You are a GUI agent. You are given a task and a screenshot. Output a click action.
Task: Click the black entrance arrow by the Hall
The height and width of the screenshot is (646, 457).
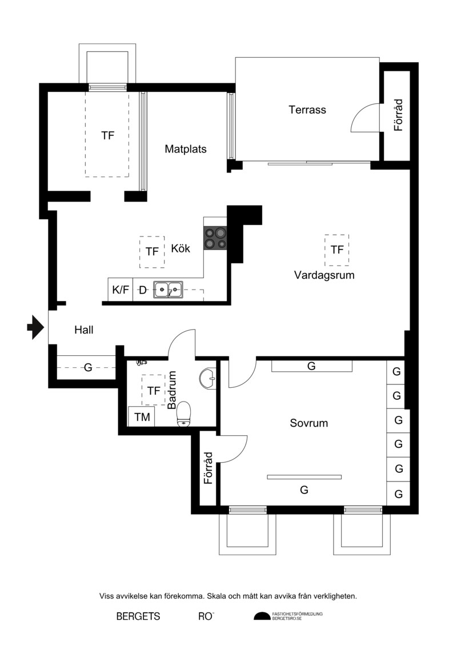pos(35,327)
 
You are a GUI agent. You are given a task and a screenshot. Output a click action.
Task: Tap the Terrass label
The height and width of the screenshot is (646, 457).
pos(307,110)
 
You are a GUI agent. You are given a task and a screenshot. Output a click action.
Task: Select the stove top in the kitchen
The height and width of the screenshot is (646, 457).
pos(215,238)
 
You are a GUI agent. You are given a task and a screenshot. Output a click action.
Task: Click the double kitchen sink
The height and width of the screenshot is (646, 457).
pos(168,289)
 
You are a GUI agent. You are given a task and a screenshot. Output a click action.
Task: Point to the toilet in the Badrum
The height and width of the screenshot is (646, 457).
pos(184,414)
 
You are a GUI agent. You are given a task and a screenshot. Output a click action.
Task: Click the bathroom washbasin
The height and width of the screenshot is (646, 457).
pos(207,377)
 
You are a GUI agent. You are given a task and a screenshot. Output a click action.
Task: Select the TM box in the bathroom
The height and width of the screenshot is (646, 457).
pos(141,416)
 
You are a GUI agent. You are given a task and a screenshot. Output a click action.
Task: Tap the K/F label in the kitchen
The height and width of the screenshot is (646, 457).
pos(121,290)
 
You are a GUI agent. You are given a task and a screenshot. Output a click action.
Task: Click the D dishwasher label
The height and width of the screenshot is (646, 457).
pos(142,290)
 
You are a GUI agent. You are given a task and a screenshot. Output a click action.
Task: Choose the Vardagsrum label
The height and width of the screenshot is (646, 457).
pos(324,275)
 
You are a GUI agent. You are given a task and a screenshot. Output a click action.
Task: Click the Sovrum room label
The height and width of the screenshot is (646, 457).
pos(308,423)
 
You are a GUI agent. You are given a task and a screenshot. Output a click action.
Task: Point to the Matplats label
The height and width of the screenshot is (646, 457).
pos(186,149)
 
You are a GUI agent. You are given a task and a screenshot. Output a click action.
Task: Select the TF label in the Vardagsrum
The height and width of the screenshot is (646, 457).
pos(336,249)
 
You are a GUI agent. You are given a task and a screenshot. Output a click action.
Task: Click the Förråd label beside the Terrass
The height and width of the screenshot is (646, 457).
pos(398,115)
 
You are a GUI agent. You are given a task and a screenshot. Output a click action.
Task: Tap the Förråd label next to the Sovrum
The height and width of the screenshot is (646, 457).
pos(208,468)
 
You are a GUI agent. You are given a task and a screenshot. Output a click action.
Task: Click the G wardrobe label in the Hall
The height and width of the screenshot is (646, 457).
pos(88,367)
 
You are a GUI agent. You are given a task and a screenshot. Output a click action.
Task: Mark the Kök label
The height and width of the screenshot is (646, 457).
pos(181,248)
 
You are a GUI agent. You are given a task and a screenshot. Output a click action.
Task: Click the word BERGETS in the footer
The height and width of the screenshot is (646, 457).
pos(138,616)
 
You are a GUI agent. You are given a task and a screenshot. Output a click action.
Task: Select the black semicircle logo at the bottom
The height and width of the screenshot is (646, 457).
pos(262,616)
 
